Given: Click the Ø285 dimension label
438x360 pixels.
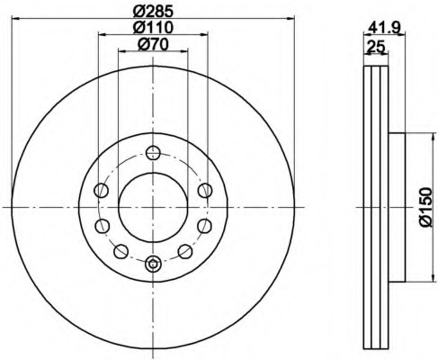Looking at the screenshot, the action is click(x=153, y=11).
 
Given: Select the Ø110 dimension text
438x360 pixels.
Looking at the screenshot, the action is click(x=153, y=28).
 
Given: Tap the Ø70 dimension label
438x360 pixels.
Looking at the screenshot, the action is click(x=153, y=44).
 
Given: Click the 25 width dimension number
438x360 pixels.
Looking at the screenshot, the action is click(x=376, y=47).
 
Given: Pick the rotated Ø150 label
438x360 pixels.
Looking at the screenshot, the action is click(x=426, y=207).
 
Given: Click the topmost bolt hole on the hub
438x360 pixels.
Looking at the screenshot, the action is click(x=153, y=153).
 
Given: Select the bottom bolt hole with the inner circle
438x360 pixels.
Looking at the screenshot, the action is click(x=153, y=264).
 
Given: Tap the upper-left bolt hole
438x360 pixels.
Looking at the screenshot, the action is click(x=101, y=190).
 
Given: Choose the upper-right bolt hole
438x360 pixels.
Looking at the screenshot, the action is click(x=205, y=190).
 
